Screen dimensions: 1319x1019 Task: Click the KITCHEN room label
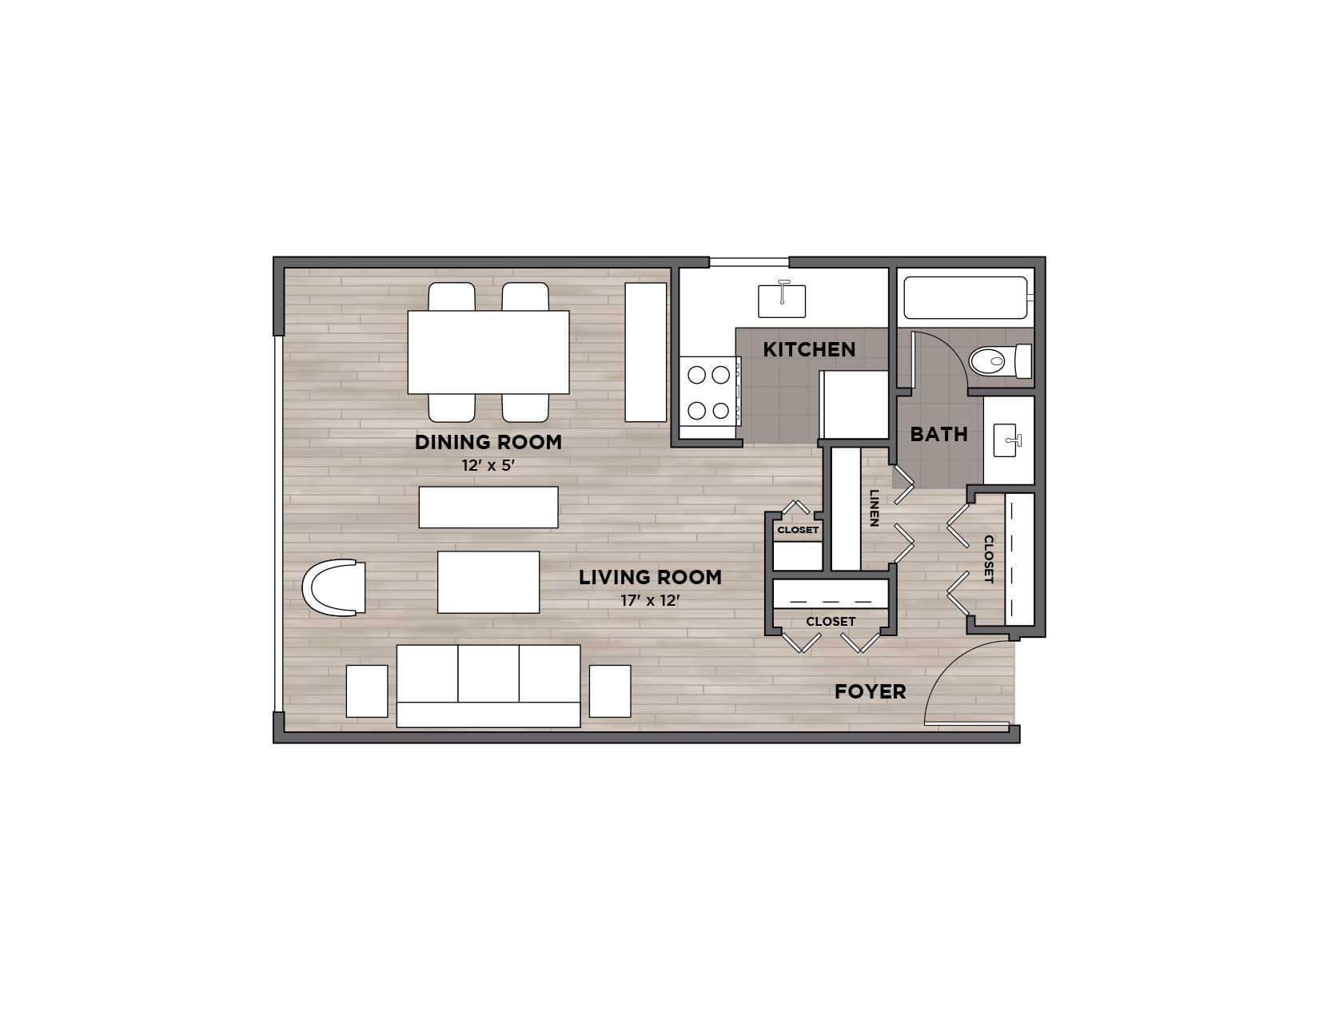tap(808, 349)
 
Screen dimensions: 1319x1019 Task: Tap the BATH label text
tap(939, 434)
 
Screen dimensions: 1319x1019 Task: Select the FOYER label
tap(870, 691)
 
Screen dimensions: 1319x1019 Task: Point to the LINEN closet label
tap(875, 508)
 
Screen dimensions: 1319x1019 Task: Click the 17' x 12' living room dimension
tap(650, 601)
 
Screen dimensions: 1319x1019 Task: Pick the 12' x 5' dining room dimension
tap(488, 465)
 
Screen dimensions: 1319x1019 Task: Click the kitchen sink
tap(782, 299)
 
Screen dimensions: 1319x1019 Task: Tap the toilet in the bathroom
tap(1001, 361)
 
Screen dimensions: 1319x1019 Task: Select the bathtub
tap(966, 297)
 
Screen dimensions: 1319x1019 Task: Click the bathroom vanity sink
tap(1007, 440)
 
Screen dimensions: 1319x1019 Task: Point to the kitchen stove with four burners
tap(710, 392)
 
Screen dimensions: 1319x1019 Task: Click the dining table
tap(488, 352)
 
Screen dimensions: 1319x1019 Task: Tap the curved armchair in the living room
tap(334, 587)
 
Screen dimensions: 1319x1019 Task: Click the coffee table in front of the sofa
tap(488, 582)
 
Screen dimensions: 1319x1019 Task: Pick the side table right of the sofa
tap(610, 691)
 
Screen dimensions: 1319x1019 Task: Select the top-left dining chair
tap(452, 297)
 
